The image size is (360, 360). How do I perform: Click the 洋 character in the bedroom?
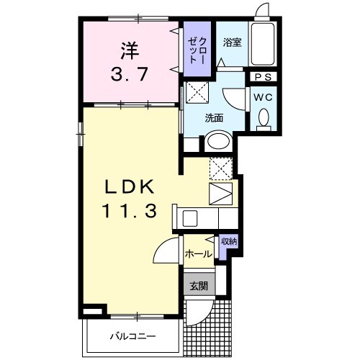pyautogui.click(x=129, y=50)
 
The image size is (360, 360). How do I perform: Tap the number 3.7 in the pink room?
pyautogui.click(x=129, y=73)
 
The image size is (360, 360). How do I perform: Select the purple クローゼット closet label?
pyautogui.click(x=194, y=50)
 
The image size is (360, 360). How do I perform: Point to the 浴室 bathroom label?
pyautogui.click(x=232, y=42)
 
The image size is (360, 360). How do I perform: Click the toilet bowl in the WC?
pyautogui.click(x=262, y=116)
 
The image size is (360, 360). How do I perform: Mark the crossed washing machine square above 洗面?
pyautogui.click(x=197, y=94)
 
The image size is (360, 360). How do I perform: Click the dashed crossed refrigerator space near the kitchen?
pyautogui.click(x=221, y=168)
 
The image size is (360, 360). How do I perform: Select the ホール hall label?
pyautogui.click(x=198, y=254)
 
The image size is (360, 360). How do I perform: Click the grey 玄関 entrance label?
pyautogui.click(x=198, y=285)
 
